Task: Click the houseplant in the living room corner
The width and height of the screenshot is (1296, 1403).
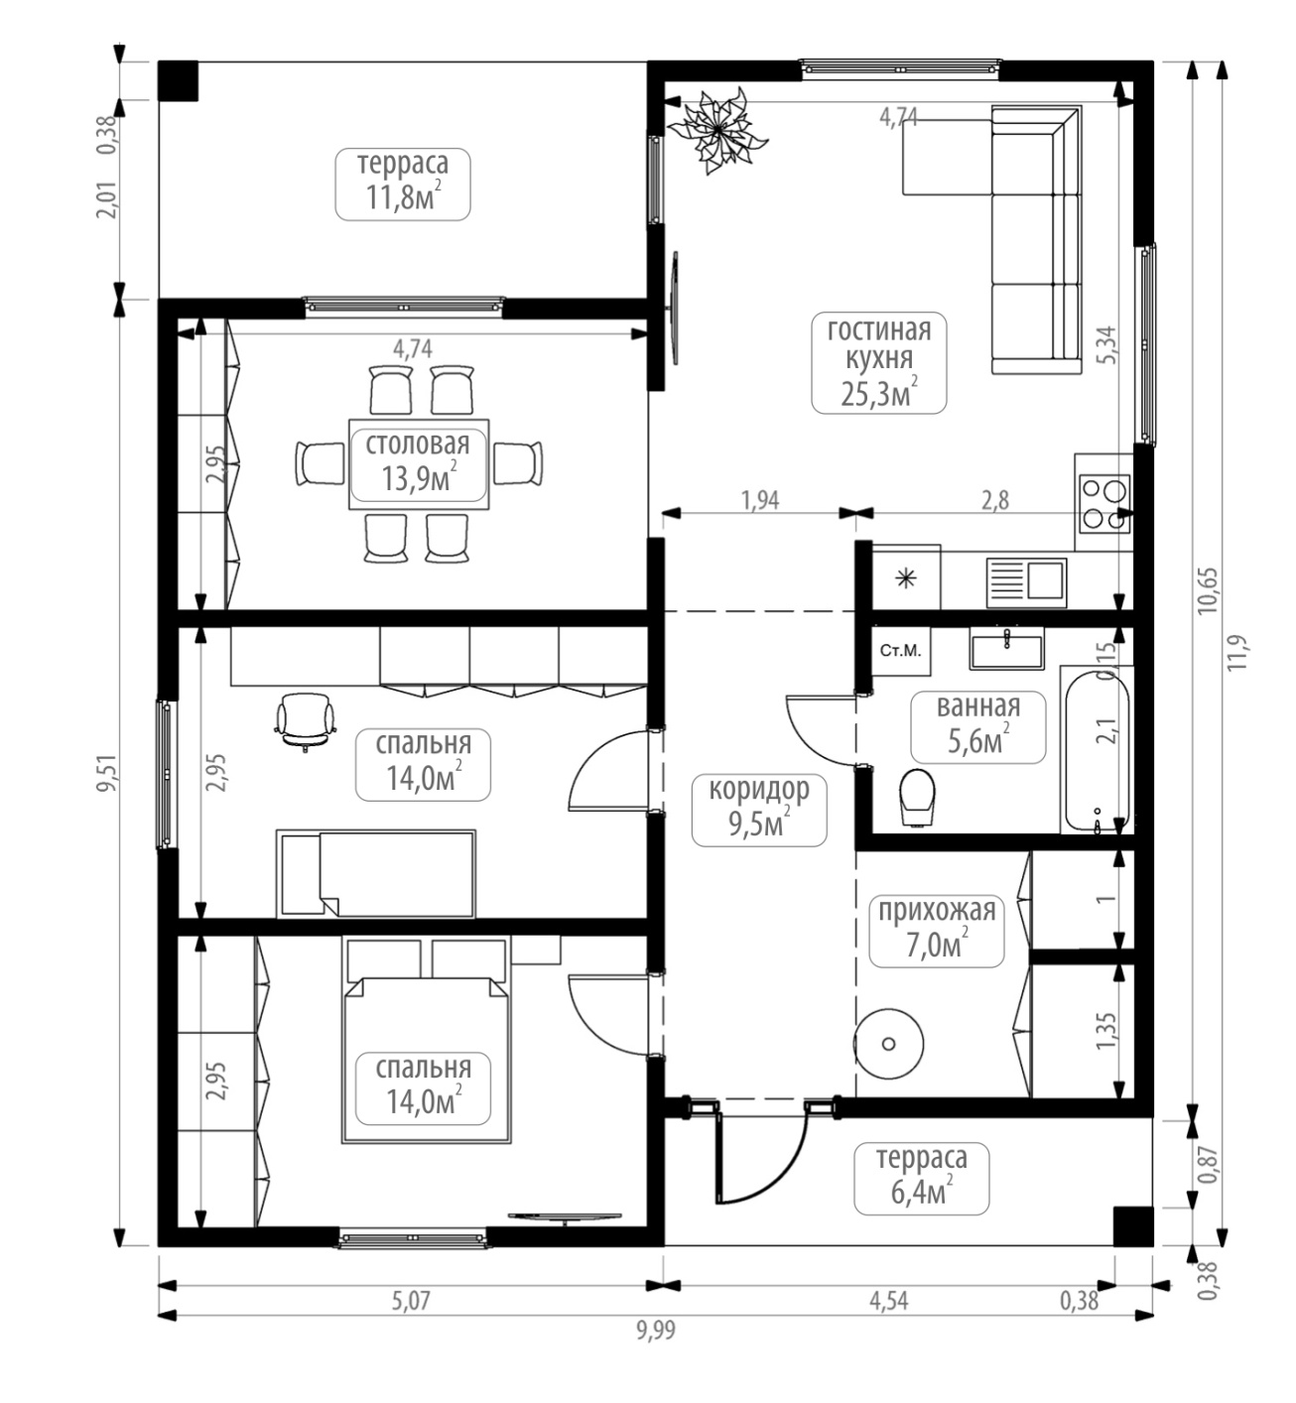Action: [717, 130]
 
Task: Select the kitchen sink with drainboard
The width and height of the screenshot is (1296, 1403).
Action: [1026, 582]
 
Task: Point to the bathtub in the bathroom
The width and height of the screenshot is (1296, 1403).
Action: [1097, 749]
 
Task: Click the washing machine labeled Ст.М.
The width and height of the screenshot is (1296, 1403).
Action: [900, 651]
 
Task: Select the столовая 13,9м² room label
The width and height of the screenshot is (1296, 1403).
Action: [418, 463]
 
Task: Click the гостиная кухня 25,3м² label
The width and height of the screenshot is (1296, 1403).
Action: [878, 362]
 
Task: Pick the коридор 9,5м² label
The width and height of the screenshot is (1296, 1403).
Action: [759, 810]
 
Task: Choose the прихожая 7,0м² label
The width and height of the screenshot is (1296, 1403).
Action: [937, 931]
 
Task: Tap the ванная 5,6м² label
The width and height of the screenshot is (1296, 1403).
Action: [978, 726]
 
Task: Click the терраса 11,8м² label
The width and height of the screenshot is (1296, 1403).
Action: [402, 184]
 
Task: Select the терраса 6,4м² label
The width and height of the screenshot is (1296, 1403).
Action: [921, 1179]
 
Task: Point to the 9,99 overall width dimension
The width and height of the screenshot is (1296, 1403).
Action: [656, 1330]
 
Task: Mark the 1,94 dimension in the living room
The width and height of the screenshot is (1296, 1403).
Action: [760, 500]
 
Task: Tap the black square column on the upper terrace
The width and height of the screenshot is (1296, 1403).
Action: [178, 80]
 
